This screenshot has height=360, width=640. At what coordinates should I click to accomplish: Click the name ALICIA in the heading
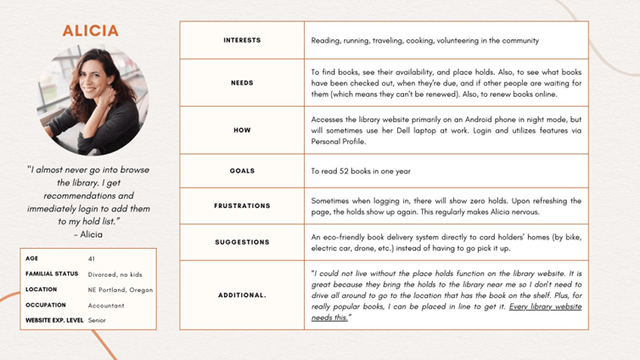point(91,31)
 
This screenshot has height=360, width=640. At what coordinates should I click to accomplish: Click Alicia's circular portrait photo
point(93,100)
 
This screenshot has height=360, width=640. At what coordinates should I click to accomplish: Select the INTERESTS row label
point(242,40)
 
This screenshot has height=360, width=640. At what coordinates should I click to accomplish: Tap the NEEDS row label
point(242,82)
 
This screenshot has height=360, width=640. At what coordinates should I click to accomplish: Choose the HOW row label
point(242,130)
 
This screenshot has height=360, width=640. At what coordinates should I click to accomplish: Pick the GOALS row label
point(242,171)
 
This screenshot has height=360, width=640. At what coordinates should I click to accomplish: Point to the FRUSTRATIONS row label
point(242,205)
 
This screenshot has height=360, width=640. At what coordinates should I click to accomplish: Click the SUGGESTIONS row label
point(242,242)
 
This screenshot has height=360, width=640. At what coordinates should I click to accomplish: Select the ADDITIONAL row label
point(242,295)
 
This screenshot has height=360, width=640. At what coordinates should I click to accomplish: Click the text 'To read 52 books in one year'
point(361,171)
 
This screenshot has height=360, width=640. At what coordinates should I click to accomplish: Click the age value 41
point(92,257)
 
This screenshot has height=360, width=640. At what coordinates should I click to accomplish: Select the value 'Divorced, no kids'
point(119,273)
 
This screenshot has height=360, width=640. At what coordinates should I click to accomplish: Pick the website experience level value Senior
point(97,321)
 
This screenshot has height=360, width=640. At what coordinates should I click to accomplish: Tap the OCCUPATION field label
point(46,305)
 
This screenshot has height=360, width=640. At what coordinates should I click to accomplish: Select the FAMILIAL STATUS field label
point(52,273)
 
